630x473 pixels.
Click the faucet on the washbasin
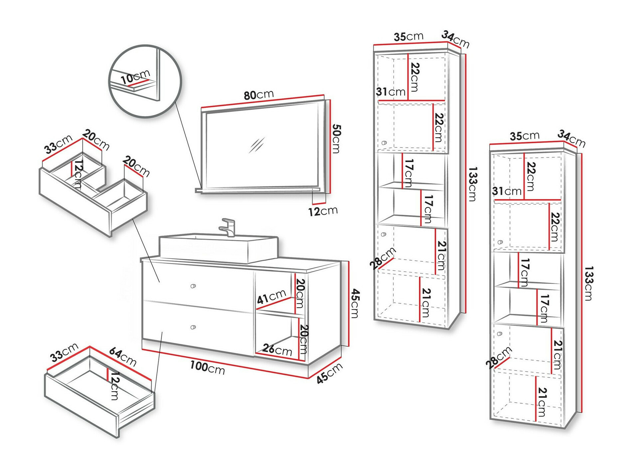tap(228, 227)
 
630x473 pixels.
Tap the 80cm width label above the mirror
tap(259, 95)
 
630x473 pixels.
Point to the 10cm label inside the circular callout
tap(135, 77)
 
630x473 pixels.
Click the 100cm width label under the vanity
tap(207, 367)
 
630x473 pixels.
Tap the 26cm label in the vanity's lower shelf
tap(277, 350)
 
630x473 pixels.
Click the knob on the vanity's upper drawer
tap(193, 286)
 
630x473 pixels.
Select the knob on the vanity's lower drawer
tap(193, 327)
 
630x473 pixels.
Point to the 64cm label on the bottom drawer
tap(122, 356)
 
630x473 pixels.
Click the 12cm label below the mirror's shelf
tap(323, 211)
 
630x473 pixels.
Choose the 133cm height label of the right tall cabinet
tap(588, 283)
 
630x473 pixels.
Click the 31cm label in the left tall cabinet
tap(391, 92)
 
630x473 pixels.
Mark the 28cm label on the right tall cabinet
tap(498, 358)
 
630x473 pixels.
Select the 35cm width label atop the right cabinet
tap(525, 136)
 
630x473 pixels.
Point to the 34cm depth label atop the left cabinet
tap(455, 39)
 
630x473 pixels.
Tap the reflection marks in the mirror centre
tap(257, 145)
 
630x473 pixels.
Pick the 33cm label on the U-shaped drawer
tap(59, 144)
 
